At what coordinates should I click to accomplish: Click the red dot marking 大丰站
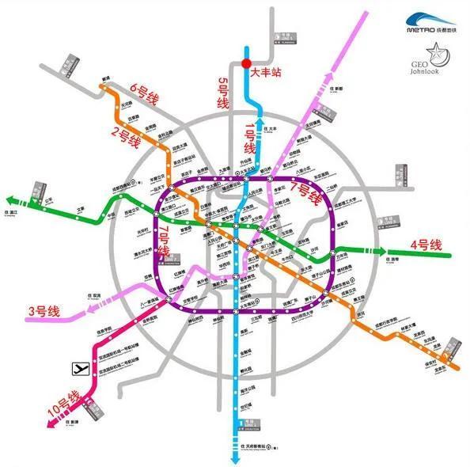[x=246, y=63]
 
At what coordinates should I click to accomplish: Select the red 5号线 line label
[x=224, y=93]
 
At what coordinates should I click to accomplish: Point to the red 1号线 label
[x=250, y=138]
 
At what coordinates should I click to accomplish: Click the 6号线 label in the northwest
[x=145, y=98]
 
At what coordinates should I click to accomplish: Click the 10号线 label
[x=65, y=404]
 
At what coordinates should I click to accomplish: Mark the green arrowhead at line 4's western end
[x=10, y=200]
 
